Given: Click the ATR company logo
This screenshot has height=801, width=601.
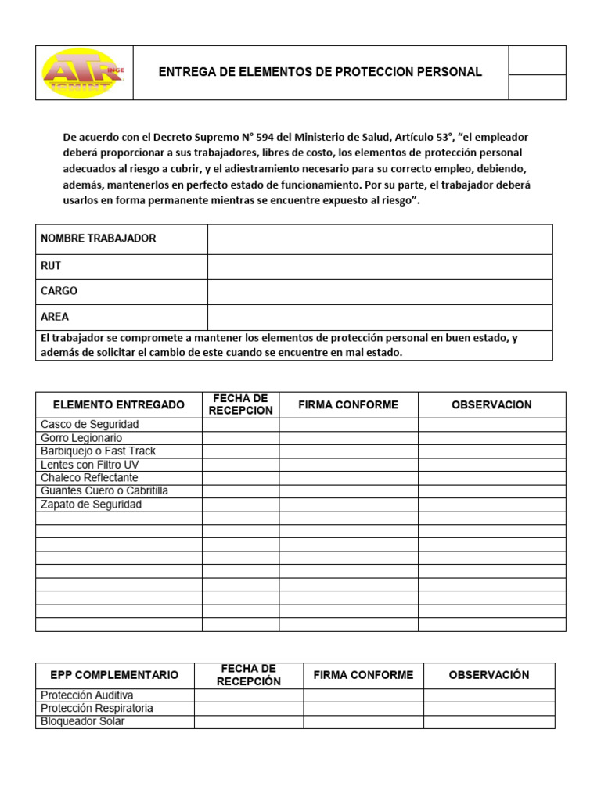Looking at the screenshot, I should pyautogui.click(x=83, y=73).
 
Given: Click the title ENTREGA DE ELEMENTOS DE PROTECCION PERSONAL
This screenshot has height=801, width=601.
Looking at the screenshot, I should pyautogui.click(x=320, y=72).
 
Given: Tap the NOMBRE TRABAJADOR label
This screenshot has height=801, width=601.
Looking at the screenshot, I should pyautogui.click(x=98, y=239).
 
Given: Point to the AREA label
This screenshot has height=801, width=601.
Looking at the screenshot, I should pyautogui.click(x=55, y=317).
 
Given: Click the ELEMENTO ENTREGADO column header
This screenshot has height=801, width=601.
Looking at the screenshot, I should pyautogui.click(x=119, y=404).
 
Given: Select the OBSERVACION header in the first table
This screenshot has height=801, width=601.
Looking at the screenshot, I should pyautogui.click(x=491, y=404).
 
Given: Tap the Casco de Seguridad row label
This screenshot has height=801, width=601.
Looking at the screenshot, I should pyautogui.click(x=89, y=424).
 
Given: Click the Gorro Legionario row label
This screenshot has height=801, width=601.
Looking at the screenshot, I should pyautogui.click(x=81, y=438).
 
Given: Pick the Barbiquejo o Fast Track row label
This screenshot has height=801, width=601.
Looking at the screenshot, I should pyautogui.click(x=98, y=451).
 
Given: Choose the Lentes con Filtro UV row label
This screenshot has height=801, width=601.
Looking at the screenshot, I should pyautogui.click(x=89, y=465).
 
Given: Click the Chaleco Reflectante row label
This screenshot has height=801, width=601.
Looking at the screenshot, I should pyautogui.click(x=89, y=478).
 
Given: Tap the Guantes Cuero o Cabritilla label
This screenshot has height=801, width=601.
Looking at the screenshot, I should pyautogui.click(x=104, y=491).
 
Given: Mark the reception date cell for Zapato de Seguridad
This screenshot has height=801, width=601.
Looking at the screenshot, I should pyautogui.click(x=241, y=505).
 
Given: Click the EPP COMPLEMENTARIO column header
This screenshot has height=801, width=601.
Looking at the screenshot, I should pyautogui.click(x=114, y=675).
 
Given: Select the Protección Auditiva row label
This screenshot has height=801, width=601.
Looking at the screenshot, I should pyautogui.click(x=87, y=695).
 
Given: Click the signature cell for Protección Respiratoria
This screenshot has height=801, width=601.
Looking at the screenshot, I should pyautogui.click(x=363, y=709).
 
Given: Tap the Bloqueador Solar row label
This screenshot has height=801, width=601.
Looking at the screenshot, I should pyautogui.click(x=82, y=722).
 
